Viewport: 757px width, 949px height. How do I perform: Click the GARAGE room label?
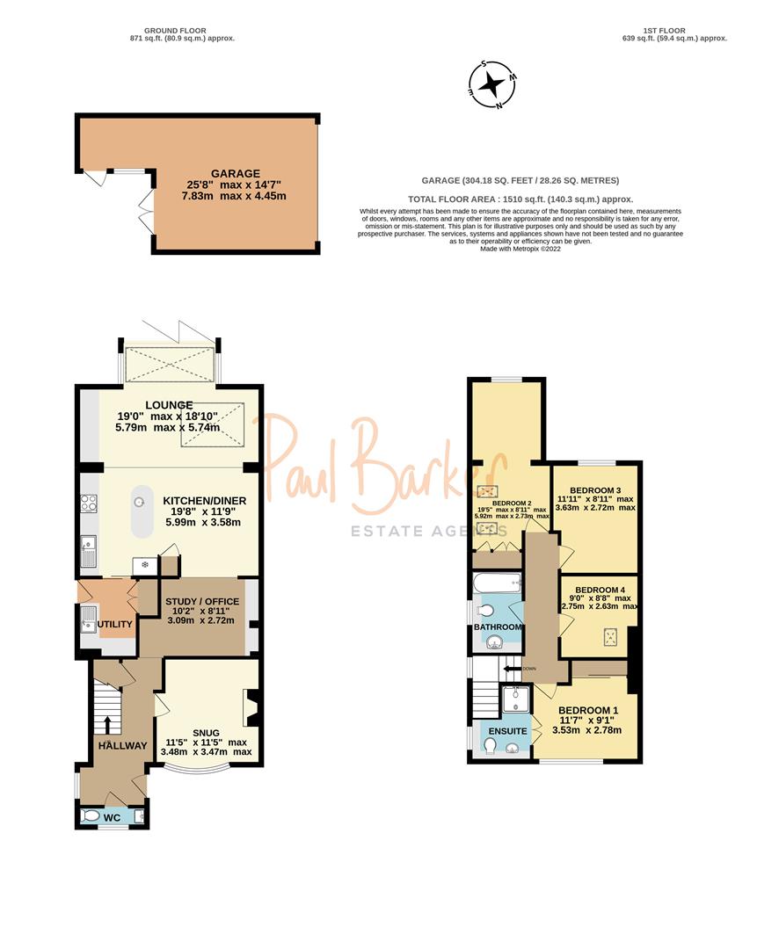[x=235, y=174]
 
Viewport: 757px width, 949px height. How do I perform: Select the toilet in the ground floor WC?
[x=91, y=816]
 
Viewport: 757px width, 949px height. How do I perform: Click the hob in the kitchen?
[x=89, y=503]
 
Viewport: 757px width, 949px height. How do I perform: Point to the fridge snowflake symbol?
[x=145, y=565]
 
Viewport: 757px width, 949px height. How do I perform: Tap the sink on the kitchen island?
[x=138, y=502]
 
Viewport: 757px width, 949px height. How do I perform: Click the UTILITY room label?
[x=114, y=625]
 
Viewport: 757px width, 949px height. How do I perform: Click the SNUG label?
[x=206, y=732]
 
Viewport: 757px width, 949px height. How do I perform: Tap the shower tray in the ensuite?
[x=513, y=700]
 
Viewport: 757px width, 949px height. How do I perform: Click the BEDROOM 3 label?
[x=595, y=490]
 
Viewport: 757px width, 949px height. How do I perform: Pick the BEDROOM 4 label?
[x=599, y=590]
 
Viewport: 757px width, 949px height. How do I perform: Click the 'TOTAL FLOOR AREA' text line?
[x=520, y=199]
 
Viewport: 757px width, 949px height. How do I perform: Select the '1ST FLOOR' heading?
[x=674, y=30]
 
